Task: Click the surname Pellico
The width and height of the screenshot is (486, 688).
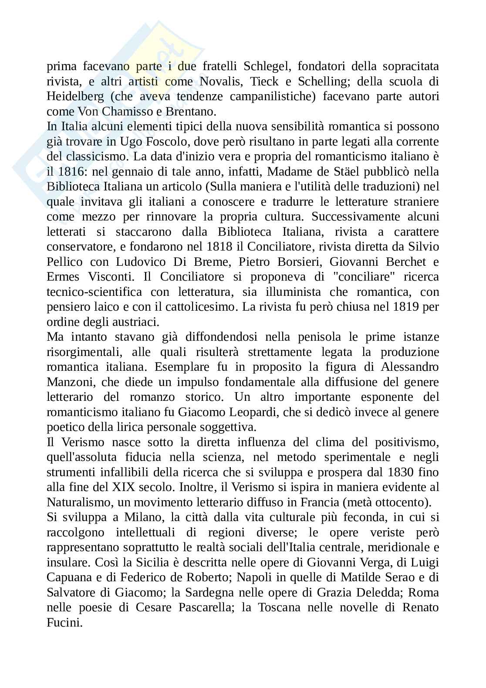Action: coord(63,261)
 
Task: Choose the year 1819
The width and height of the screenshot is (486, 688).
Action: coord(408,307)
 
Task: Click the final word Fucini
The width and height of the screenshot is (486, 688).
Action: coord(64,623)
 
